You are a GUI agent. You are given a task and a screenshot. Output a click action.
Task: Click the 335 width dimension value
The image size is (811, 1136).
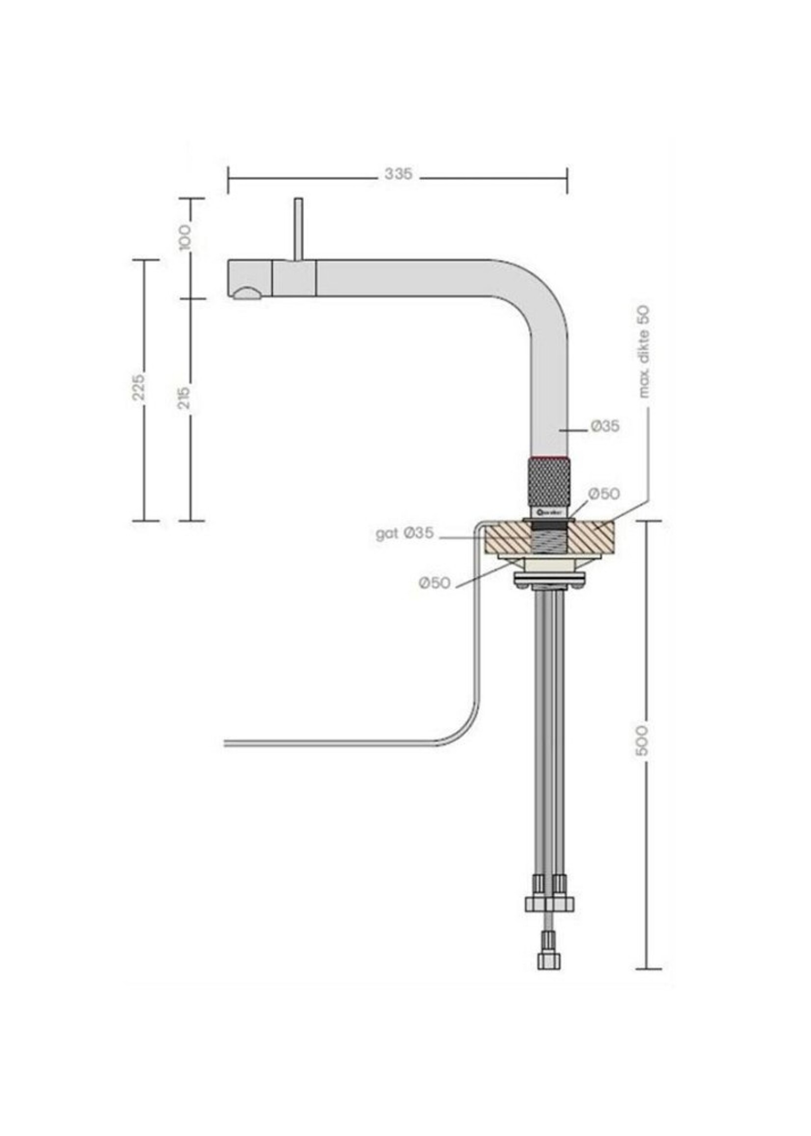pyautogui.click(x=398, y=174)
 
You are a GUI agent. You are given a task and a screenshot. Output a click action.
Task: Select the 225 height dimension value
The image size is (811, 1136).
pyautogui.click(x=139, y=386)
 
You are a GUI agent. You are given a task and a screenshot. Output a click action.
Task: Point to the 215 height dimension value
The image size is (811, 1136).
pyautogui.click(x=184, y=398)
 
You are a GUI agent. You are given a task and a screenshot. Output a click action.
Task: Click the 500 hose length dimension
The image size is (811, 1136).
pyautogui.click(x=643, y=740)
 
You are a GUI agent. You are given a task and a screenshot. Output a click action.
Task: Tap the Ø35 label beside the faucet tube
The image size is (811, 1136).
pyautogui.click(x=605, y=426)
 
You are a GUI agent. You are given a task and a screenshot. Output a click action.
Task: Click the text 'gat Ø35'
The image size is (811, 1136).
pyautogui.click(x=404, y=534)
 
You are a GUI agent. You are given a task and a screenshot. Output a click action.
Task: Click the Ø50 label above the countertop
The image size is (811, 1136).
pyautogui.click(x=604, y=494)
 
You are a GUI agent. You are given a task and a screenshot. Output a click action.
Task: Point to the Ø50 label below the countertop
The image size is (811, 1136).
pyautogui.click(x=434, y=582)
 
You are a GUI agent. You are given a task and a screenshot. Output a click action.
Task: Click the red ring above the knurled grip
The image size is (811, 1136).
pyautogui.click(x=549, y=457)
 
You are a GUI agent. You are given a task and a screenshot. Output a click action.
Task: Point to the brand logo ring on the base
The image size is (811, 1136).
pyautogui.click(x=549, y=512)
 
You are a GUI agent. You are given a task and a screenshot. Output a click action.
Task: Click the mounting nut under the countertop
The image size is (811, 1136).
pyautogui.click(x=549, y=580)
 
